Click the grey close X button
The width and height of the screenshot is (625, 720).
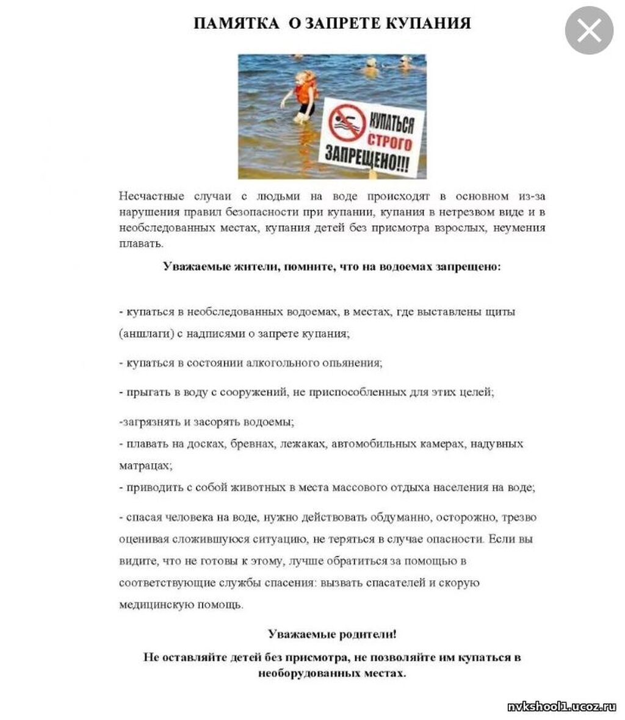tap(588, 30)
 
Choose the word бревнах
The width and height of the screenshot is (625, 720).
tap(252, 444)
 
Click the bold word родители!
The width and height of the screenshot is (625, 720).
tap(366, 634)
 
